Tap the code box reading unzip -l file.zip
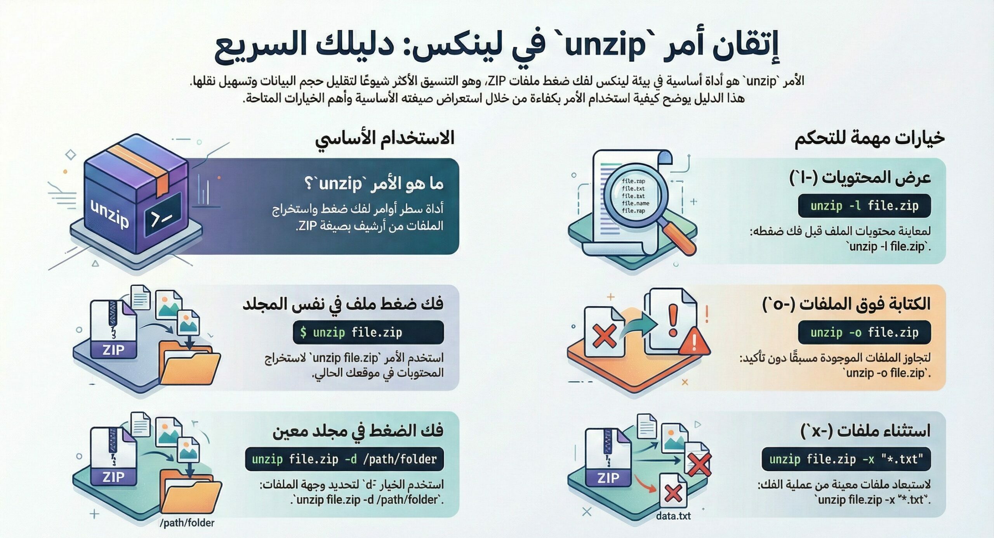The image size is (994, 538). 864,206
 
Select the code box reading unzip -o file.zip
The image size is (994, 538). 864,332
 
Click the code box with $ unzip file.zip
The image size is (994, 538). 368,332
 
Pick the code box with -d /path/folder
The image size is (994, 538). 344,459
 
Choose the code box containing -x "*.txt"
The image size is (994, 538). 846,459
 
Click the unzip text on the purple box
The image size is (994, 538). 109,213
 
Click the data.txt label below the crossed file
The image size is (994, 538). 673,516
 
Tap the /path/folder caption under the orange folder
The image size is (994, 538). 187,523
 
